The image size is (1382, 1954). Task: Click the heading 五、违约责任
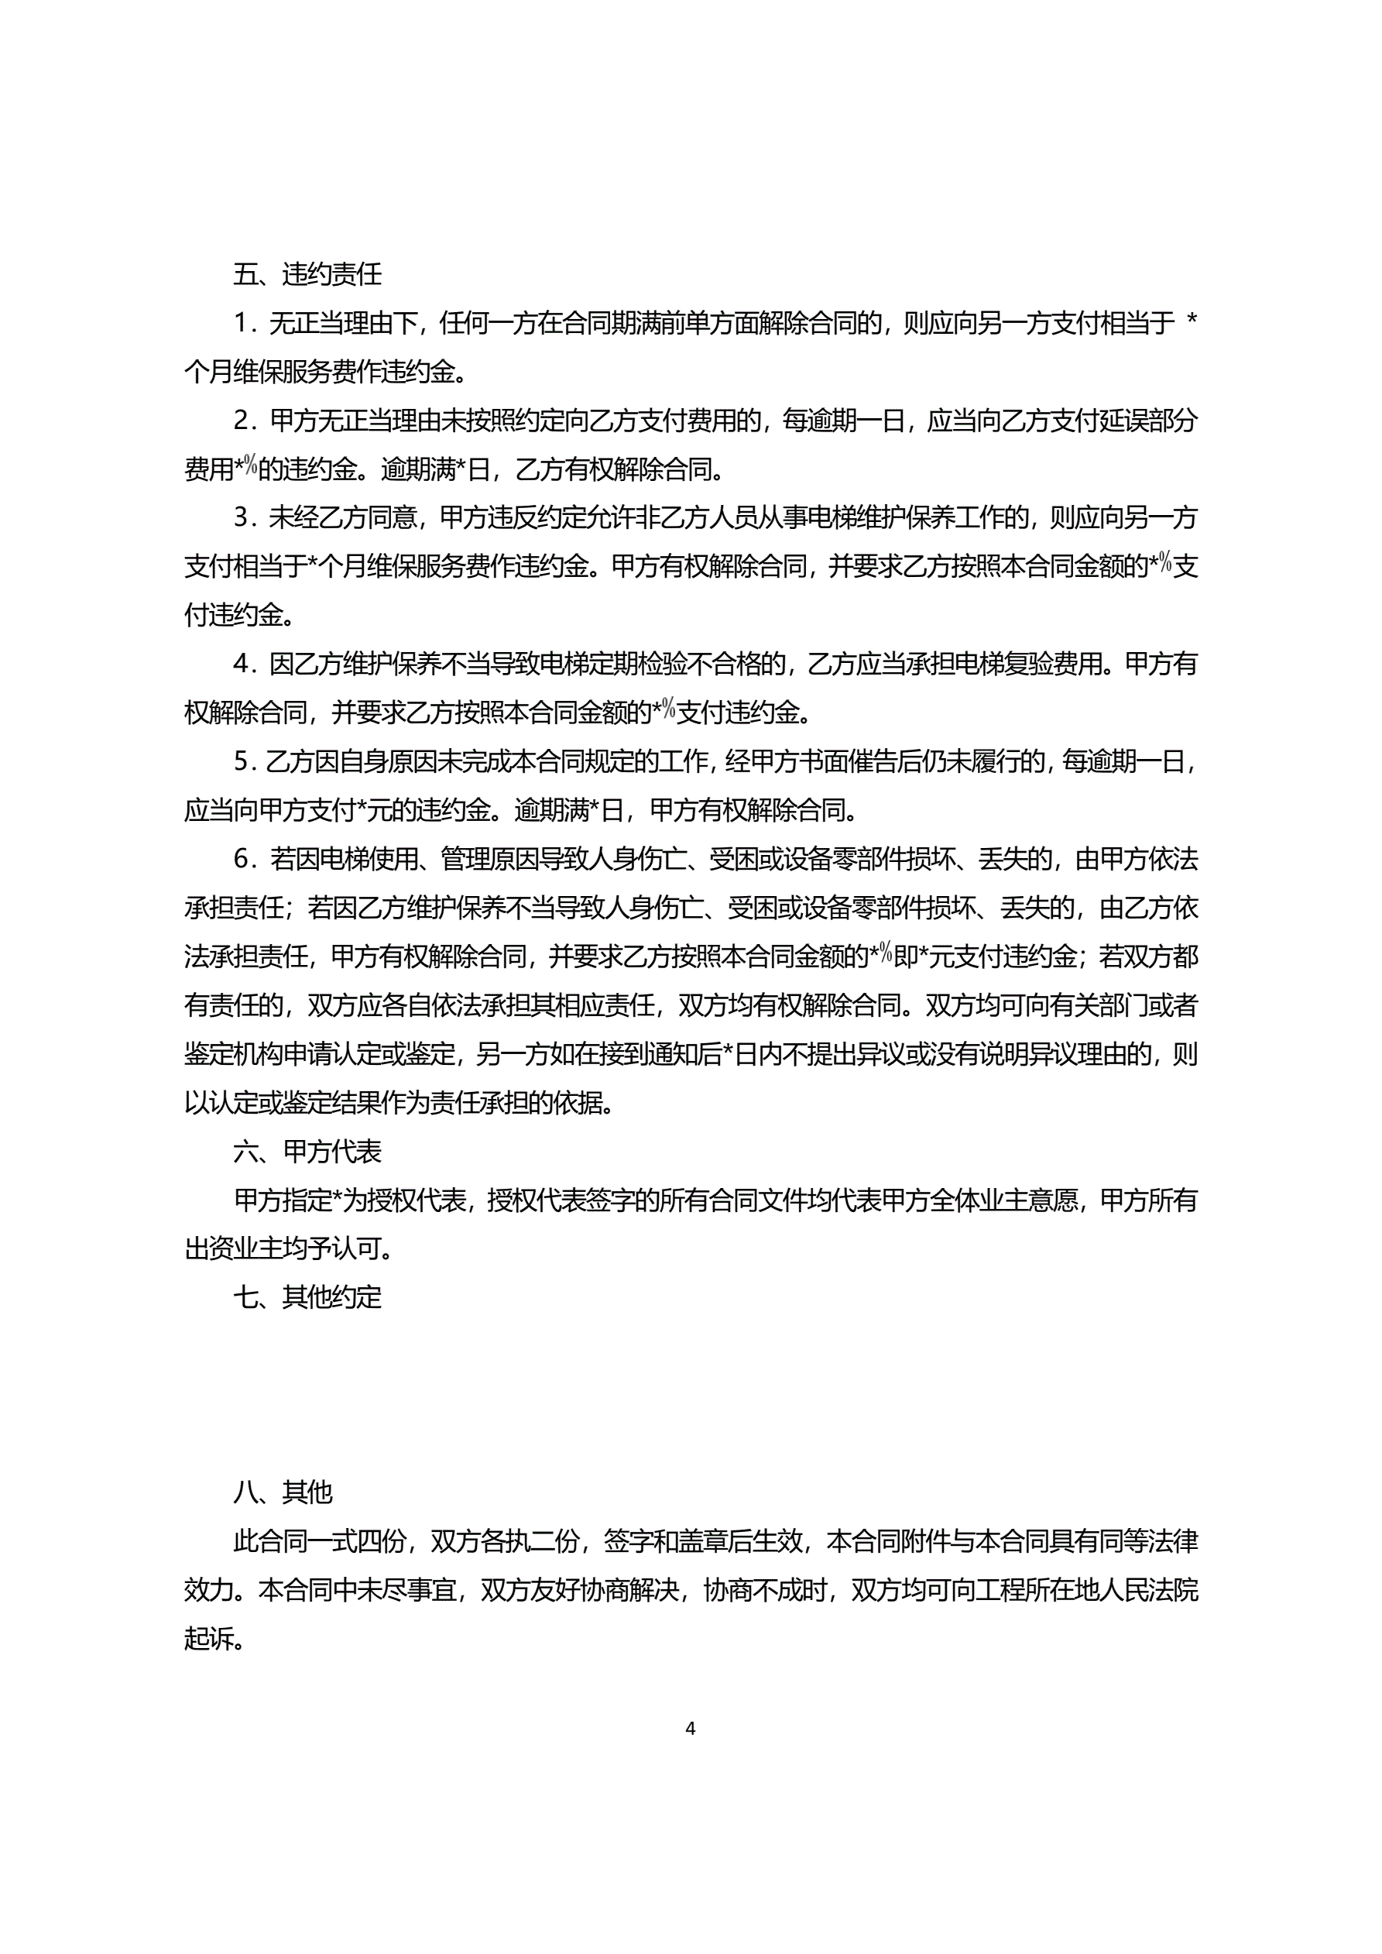[x=307, y=274]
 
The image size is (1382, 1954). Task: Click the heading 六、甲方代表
[x=307, y=1152]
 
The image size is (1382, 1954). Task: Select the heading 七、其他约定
[x=307, y=1298]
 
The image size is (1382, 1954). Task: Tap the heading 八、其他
[x=283, y=1492]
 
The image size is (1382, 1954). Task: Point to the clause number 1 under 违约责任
[x=242, y=324]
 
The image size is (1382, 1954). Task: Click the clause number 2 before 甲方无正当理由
[x=242, y=421]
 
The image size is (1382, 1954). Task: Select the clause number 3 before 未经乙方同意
[x=242, y=518]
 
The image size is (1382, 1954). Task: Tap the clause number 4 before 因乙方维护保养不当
[x=242, y=664]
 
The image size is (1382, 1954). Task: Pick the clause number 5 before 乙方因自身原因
[x=242, y=761]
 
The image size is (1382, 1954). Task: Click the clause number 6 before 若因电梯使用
[x=242, y=860]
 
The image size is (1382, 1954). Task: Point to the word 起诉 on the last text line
[x=209, y=1639]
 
